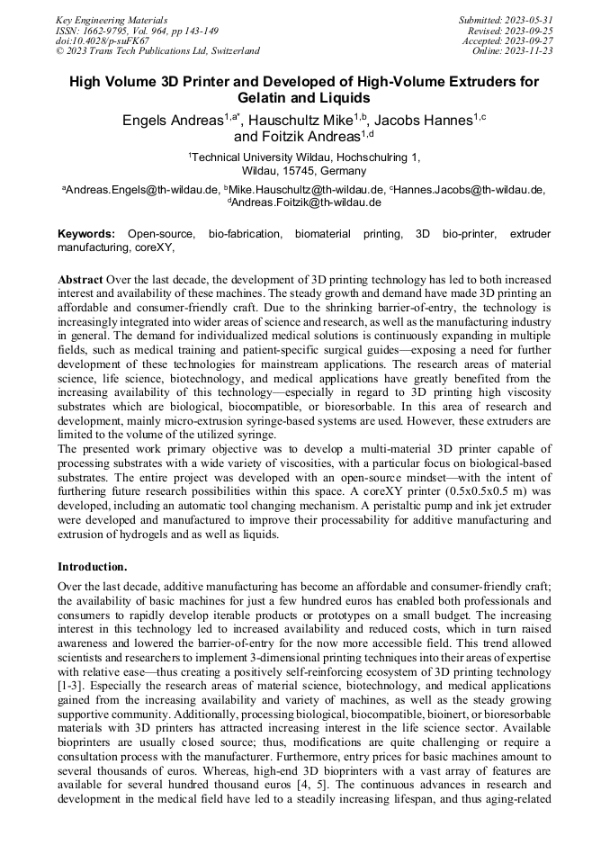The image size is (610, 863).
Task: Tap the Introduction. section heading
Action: (93, 567)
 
